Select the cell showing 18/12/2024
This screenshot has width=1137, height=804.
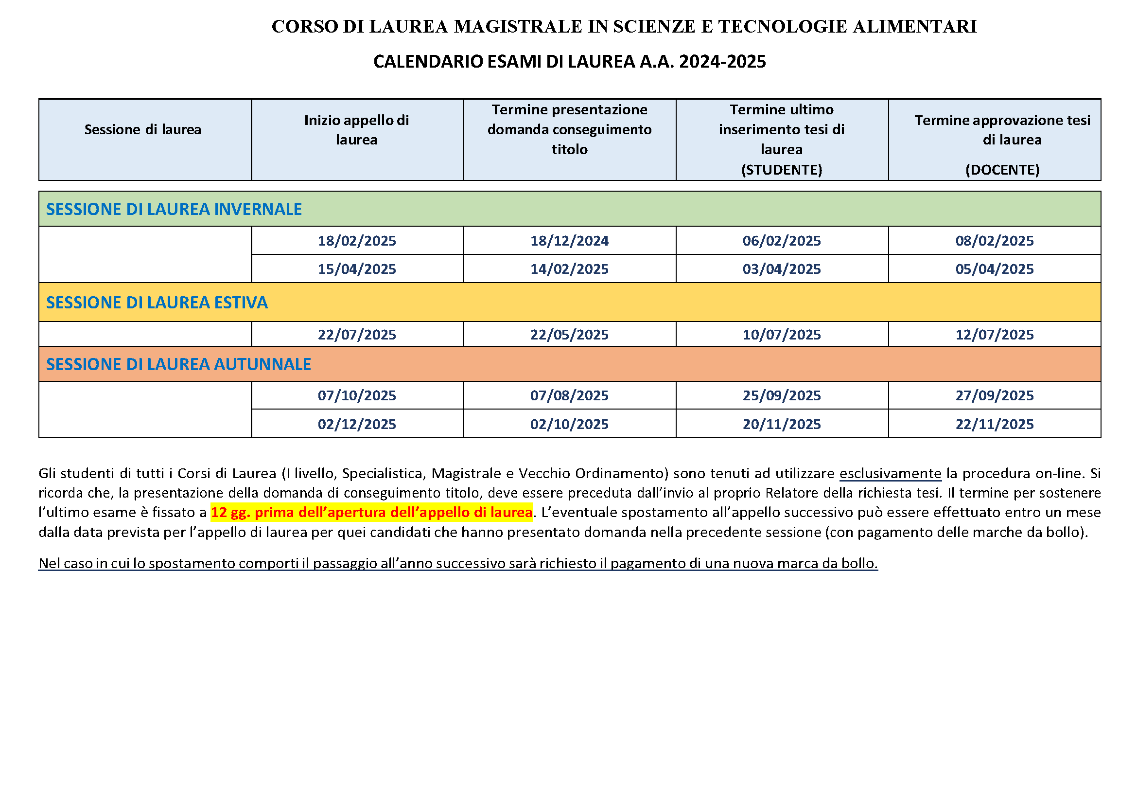pyautogui.click(x=569, y=241)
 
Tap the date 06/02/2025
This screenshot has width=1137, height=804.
pyautogui.click(x=782, y=241)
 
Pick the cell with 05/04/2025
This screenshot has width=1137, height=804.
pyautogui.click(x=995, y=269)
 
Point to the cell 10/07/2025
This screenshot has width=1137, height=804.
pyautogui.click(x=782, y=334)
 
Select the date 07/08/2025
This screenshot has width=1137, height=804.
pyautogui.click(x=569, y=395)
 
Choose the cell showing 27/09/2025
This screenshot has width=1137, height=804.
pyautogui.click(x=995, y=395)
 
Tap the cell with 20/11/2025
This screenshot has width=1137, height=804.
pyautogui.click(x=782, y=424)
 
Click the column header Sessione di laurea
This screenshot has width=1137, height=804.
pyautogui.click(x=142, y=130)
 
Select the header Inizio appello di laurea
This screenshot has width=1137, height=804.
pyautogui.click(x=356, y=130)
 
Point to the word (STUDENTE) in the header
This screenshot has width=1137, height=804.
pyautogui.click(x=782, y=170)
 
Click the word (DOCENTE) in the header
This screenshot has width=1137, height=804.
pyautogui.click(x=1002, y=170)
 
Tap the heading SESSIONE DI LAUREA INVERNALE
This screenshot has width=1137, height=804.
pyautogui.click(x=174, y=209)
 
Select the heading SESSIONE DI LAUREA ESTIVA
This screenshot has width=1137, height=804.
pyautogui.click(x=157, y=303)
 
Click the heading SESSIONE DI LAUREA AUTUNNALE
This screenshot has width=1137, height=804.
pyautogui.click(x=178, y=364)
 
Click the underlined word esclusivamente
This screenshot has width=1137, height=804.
pyautogui.click(x=890, y=474)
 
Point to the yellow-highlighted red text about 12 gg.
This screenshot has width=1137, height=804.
pyautogui.click(x=371, y=512)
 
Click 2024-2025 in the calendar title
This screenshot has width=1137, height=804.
pyautogui.click(x=722, y=61)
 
